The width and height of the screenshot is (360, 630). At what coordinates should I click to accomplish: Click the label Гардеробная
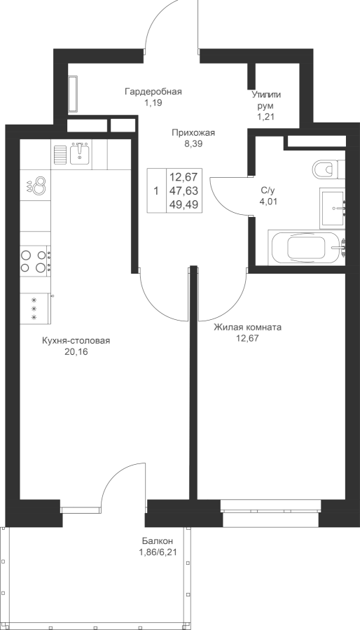[153, 92]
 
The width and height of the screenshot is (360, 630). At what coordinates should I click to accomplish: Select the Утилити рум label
[266, 100]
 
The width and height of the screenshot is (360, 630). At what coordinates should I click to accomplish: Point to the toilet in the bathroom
[328, 169]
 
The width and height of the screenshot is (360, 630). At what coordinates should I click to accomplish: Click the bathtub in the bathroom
[308, 248]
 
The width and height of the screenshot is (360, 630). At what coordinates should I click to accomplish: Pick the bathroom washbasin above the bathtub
[333, 208]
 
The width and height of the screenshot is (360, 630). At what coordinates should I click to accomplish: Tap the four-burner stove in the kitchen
[35, 261]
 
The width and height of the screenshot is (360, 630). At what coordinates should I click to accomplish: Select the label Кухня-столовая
[76, 341]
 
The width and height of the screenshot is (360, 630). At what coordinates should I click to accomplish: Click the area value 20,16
[76, 352]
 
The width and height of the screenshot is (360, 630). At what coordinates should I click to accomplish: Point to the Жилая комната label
[247, 328]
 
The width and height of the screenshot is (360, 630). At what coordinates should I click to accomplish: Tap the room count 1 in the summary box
[156, 190]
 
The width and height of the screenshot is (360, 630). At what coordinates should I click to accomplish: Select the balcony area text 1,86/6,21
[158, 552]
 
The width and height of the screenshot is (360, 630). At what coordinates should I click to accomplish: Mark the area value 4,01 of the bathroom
[269, 201]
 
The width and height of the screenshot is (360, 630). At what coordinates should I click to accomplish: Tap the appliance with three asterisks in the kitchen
[35, 309]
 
